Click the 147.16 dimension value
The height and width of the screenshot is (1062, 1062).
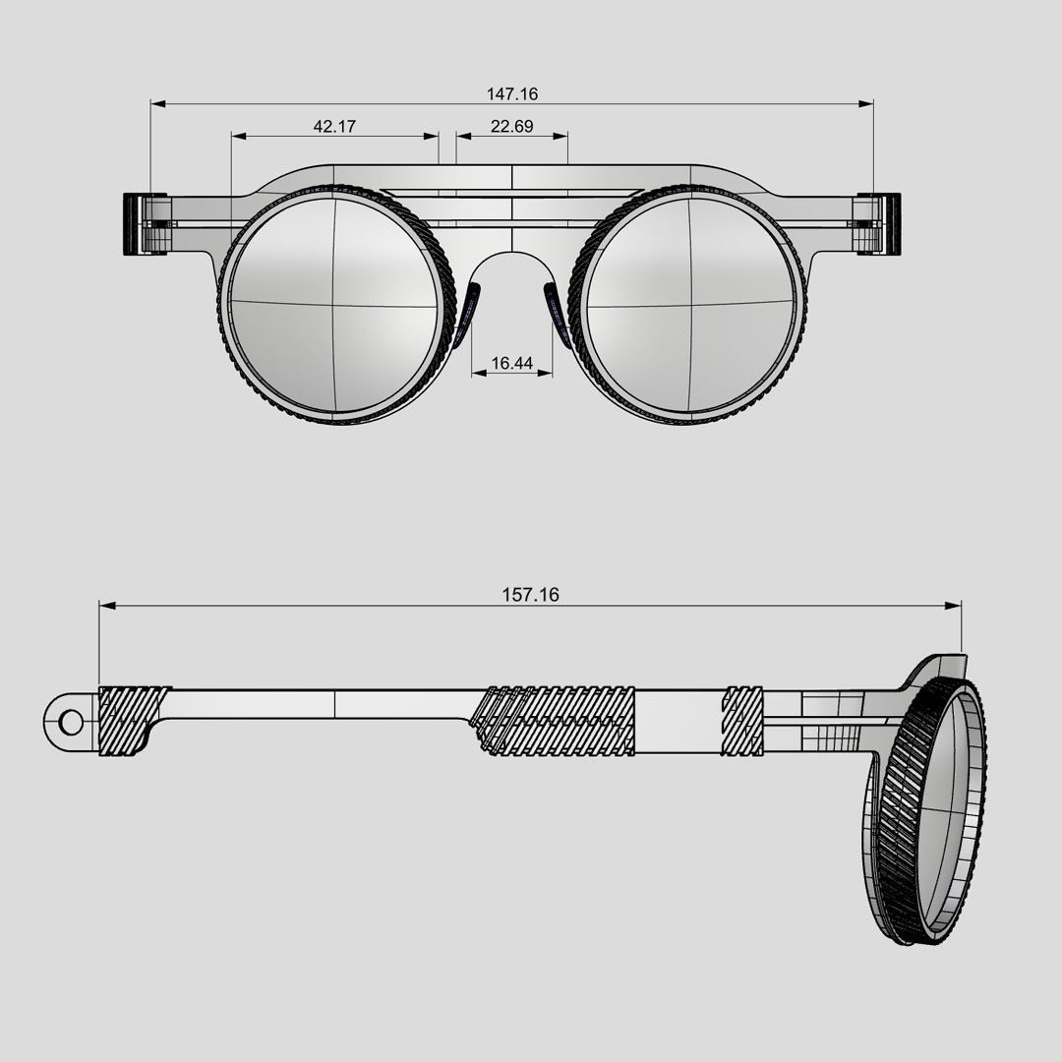[512, 94]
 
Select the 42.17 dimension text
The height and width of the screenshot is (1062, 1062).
[334, 126]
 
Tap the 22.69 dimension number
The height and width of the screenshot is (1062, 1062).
[511, 126]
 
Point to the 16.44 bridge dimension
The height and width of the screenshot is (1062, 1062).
[511, 364]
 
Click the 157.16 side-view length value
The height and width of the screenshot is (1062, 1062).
[530, 595]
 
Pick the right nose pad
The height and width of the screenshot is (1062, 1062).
[556, 315]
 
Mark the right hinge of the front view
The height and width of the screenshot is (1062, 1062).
[877, 224]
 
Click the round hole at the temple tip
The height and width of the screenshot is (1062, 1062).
[71, 723]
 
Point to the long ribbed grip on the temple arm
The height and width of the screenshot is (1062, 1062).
[556, 720]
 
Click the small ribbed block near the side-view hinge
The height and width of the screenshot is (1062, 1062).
[742, 720]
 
